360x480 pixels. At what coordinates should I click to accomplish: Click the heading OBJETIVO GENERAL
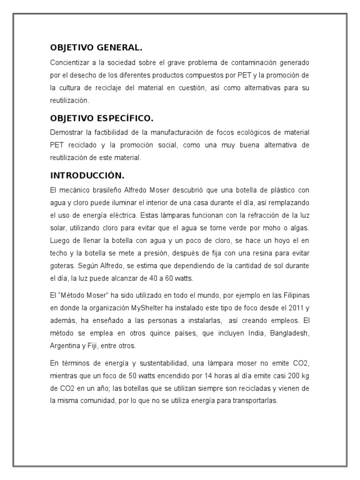(96, 48)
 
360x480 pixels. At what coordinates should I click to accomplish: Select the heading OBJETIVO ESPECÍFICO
(102, 118)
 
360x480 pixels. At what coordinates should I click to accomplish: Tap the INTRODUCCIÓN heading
(87, 176)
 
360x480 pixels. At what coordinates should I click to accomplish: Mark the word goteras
(61, 266)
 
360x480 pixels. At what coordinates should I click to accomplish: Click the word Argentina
(66, 346)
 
